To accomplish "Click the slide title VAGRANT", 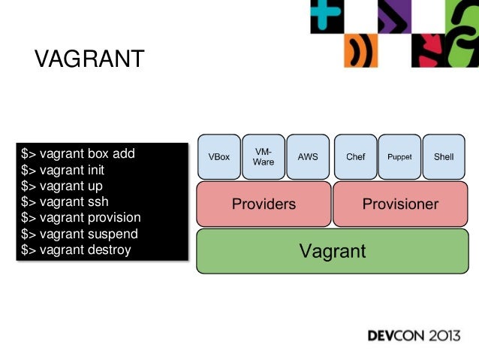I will (89, 59).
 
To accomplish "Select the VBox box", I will (219, 157).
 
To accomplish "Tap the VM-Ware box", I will (264, 157).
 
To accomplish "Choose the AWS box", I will (308, 157).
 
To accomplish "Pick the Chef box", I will (355, 157).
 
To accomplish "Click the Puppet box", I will (399, 157).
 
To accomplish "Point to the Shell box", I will (444, 157).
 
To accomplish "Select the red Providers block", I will (264, 204).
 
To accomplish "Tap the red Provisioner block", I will (400, 204).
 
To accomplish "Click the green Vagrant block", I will (333, 251).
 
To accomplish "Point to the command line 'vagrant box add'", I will (78, 153).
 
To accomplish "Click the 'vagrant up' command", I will (62, 186).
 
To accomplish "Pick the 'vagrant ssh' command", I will (64, 201).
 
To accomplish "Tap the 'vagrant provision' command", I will (81, 217).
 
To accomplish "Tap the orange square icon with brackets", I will (360, 51).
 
